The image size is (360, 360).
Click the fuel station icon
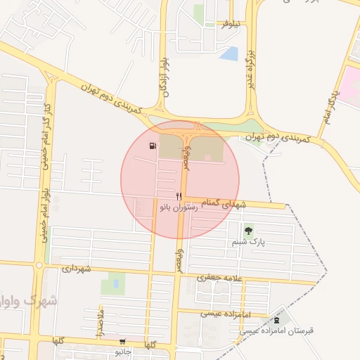(x=152, y=146)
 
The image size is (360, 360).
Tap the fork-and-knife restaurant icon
(x=179, y=196)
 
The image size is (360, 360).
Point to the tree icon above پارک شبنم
(x=247, y=231)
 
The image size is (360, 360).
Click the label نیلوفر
(x=231, y=24)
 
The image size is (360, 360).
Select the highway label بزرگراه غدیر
(x=249, y=65)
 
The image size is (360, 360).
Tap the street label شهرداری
(x=77, y=269)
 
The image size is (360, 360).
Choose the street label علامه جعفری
(x=221, y=278)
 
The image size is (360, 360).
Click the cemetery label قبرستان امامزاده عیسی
(x=281, y=329)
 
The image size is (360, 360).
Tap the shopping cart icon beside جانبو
(x=123, y=341)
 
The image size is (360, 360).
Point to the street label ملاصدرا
(x=100, y=321)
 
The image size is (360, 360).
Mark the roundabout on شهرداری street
(x=39, y=265)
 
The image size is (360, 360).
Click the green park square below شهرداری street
(x=112, y=284)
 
